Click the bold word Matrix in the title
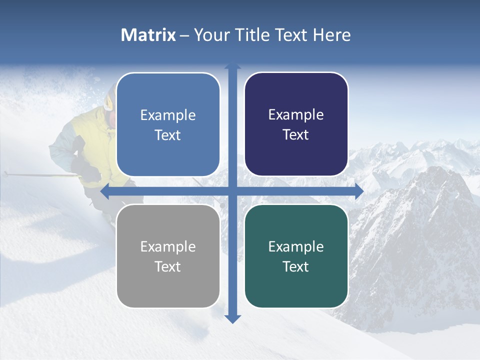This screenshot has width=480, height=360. click(148, 35)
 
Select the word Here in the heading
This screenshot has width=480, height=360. click(332, 35)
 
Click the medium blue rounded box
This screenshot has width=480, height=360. click(168, 124)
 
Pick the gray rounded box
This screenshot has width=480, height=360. click(168, 256)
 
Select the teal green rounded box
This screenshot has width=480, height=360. click(296, 256)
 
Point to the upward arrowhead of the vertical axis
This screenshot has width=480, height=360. click(232, 66)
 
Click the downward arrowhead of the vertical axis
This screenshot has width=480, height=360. click(232, 319)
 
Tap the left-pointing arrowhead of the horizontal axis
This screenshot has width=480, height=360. click(104, 191)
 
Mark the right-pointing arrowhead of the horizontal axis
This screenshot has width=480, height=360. click(359, 191)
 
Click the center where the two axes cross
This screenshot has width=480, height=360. click(232, 191)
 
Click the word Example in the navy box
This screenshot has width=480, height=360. click(296, 114)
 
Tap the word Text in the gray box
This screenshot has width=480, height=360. click(168, 266)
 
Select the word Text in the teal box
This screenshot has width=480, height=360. click(296, 266)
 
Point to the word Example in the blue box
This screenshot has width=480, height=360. click(168, 115)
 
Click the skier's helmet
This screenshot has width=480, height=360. click(108, 100)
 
